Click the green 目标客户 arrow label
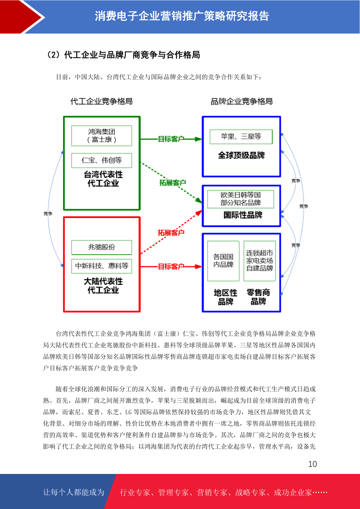[x=171, y=139]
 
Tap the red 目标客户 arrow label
[x=171, y=266]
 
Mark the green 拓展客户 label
[x=173, y=183]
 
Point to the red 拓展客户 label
[x=171, y=232]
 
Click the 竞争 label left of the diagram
[x=48, y=214]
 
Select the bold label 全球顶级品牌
[x=242, y=155]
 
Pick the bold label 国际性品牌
[x=243, y=215]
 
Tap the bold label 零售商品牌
[x=258, y=297]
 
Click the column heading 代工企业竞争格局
[x=102, y=101]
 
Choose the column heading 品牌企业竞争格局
[x=242, y=101]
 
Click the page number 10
[x=313, y=464]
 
